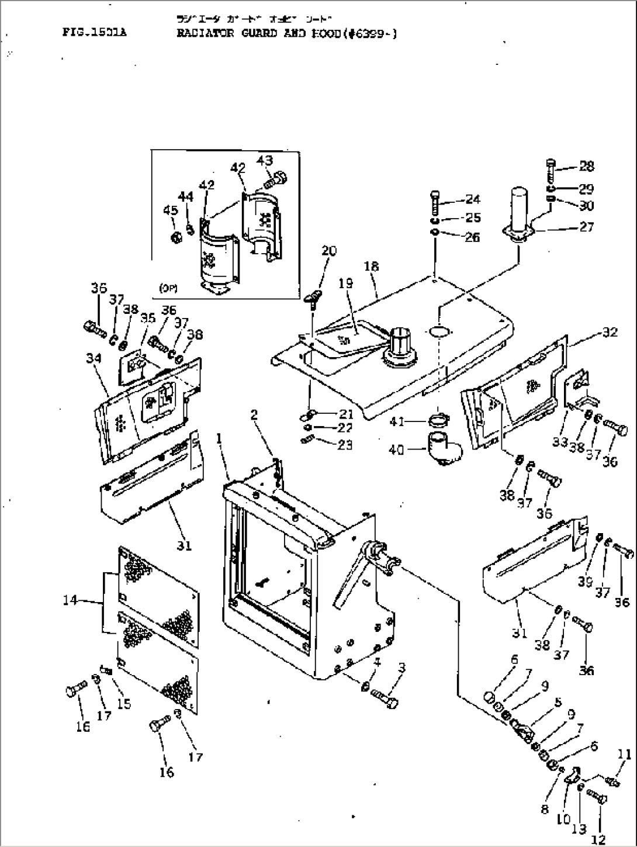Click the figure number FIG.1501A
coord(94,33)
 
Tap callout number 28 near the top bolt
coord(586,166)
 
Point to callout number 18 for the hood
coord(371,267)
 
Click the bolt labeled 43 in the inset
coord(279,177)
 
